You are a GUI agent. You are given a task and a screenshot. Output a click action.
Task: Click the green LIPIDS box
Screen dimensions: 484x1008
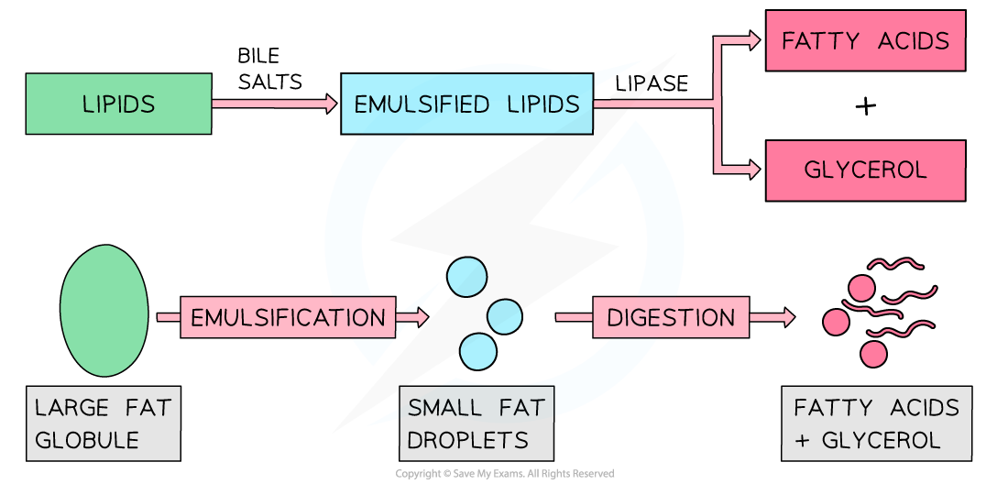(118, 104)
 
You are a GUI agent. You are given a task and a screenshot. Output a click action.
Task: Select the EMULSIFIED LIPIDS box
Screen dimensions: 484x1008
(466, 104)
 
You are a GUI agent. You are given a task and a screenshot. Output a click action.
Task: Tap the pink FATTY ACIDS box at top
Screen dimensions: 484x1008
(865, 40)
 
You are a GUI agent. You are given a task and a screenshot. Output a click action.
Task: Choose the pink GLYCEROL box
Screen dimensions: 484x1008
(865, 170)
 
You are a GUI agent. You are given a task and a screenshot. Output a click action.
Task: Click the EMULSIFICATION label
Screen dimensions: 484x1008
(288, 317)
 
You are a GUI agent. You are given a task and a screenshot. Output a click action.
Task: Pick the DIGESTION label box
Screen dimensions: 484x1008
(671, 317)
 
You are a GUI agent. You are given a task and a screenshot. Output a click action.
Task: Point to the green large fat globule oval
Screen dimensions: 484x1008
(104, 310)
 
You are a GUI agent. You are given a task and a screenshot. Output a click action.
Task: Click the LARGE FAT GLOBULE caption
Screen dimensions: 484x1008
(103, 423)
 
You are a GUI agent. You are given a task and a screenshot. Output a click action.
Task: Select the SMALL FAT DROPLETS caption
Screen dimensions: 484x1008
(477, 423)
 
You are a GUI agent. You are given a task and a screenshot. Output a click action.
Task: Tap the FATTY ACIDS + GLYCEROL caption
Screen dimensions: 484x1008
(876, 423)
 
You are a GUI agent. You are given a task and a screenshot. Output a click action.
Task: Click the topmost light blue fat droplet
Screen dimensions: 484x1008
(466, 276)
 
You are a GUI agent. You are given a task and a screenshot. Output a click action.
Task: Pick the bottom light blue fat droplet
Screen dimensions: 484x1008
(477, 351)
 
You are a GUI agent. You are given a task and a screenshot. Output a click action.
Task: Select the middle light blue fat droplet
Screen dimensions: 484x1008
(504, 317)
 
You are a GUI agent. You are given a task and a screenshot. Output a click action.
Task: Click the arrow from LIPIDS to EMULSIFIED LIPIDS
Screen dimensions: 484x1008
(275, 104)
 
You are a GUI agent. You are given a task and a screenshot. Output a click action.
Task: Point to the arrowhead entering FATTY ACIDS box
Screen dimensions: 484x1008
(754, 40)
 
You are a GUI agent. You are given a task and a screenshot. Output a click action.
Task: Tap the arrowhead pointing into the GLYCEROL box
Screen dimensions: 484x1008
(754, 170)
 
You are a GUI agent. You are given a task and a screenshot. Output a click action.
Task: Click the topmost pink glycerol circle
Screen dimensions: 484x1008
(861, 288)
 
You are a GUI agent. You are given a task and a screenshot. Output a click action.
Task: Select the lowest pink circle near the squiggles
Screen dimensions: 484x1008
(874, 354)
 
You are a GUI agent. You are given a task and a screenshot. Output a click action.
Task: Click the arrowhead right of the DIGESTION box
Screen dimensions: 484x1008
(787, 317)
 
